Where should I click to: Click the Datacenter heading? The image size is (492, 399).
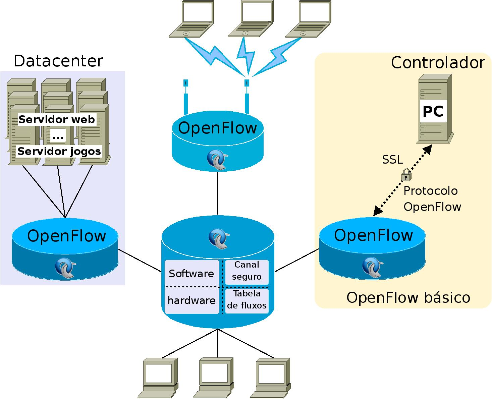[58, 61]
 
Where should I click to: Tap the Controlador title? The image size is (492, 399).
[438, 63]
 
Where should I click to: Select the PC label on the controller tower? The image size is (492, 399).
[433, 111]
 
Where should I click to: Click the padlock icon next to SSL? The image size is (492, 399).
[406, 175]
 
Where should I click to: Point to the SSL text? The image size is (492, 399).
[392, 160]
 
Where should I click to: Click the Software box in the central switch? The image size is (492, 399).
[192, 274]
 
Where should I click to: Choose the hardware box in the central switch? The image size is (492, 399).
[192, 300]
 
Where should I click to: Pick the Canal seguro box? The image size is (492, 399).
[247, 271]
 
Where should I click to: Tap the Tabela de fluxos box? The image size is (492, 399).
[247, 300]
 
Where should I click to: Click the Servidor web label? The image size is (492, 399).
[57, 119]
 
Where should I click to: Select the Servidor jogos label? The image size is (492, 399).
[59, 151]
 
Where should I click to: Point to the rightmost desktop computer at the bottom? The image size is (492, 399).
[273, 377]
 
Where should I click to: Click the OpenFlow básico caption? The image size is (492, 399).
[408, 297]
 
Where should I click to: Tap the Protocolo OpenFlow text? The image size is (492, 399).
[432, 199]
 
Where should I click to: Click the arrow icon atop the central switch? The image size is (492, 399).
[219, 238]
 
